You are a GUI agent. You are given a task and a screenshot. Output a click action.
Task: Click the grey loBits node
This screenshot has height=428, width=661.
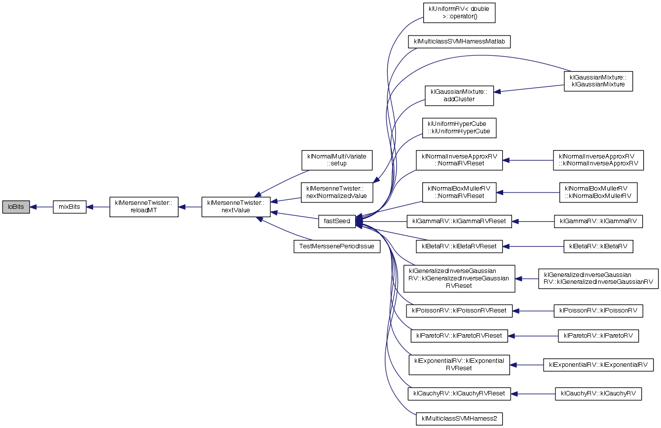16,207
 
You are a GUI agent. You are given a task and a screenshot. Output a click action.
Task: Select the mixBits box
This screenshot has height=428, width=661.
70,207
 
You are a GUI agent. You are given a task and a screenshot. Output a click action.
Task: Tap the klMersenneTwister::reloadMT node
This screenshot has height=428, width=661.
144,207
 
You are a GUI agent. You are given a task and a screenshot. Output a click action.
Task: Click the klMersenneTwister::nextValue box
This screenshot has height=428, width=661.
236,207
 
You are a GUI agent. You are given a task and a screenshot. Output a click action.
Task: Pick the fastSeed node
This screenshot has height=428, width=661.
337,221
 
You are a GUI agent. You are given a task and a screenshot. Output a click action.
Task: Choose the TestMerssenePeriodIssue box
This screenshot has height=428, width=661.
337,246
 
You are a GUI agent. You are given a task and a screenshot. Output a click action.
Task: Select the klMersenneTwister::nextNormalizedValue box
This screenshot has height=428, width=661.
337,192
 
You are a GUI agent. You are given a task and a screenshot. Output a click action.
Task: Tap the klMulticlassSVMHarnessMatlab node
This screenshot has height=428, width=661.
459,41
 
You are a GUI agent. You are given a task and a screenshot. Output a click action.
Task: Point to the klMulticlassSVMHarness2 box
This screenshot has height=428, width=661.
459,419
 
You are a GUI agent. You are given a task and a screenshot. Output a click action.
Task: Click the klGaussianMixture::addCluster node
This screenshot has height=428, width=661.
459,95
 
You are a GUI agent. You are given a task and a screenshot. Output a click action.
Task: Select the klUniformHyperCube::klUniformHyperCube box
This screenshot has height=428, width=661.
459,128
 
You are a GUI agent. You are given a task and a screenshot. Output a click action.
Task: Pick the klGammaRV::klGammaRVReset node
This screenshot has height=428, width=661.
459,221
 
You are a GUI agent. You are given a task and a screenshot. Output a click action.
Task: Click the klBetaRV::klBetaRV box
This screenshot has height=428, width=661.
598,246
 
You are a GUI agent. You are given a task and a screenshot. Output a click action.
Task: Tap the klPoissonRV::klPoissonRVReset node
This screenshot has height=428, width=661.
459,311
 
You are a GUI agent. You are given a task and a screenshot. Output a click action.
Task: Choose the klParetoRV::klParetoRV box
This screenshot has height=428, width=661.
598,336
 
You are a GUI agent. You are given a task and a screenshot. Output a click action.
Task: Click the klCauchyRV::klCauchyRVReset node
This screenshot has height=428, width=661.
459,393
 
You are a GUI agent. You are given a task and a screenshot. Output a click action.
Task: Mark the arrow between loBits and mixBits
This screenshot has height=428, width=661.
41,207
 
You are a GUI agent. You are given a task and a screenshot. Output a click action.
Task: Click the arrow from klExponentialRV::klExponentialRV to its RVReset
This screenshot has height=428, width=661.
527,365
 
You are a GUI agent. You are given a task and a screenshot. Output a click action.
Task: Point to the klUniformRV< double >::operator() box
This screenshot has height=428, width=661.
459,13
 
